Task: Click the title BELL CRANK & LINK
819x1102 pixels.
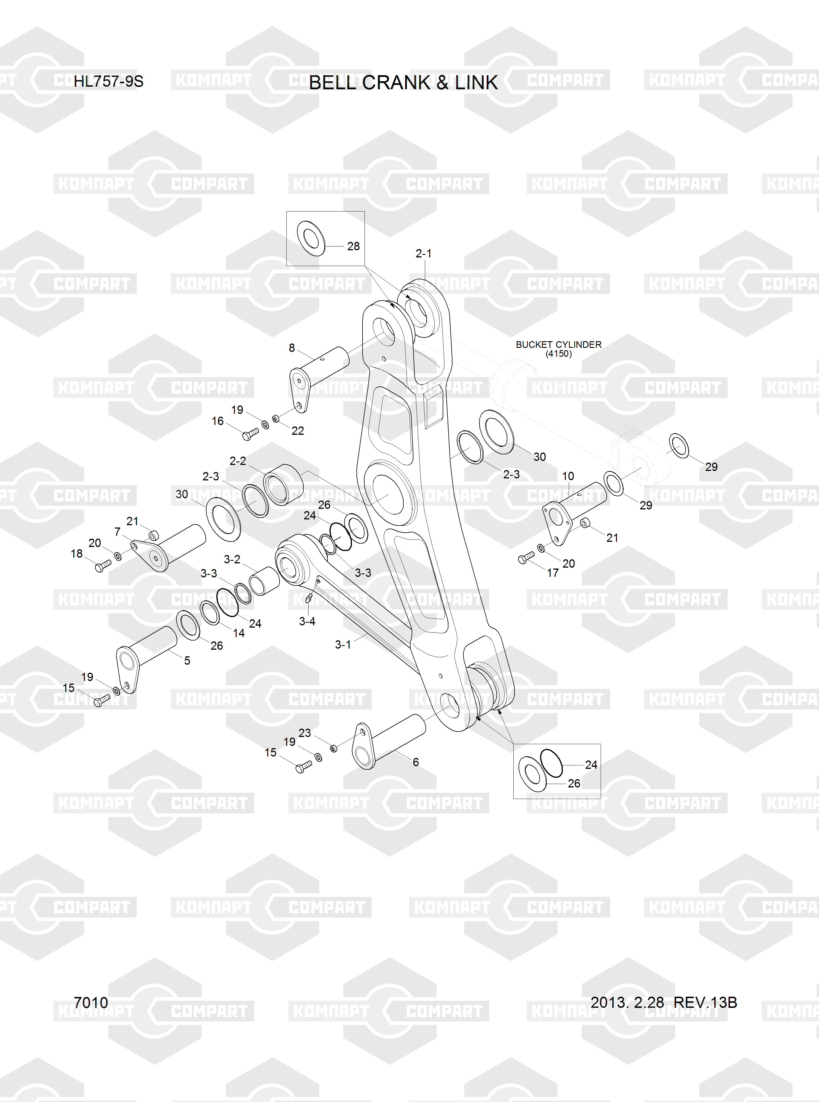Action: click(403, 82)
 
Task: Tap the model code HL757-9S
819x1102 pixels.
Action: click(109, 81)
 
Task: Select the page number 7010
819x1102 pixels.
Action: click(91, 1002)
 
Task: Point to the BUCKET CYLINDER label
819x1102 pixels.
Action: click(559, 344)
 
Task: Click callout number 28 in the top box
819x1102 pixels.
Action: click(353, 246)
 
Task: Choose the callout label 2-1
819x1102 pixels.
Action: click(423, 254)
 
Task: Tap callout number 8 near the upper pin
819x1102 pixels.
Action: click(292, 348)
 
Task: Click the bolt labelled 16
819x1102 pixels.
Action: click(251, 434)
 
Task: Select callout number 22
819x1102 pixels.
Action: click(297, 431)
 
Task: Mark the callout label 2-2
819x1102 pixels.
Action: click(238, 461)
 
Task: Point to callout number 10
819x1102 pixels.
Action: click(568, 476)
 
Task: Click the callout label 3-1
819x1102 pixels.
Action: click(343, 644)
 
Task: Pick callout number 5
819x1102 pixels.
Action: click(187, 660)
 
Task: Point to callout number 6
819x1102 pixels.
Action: click(415, 762)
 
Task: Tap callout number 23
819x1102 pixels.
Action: click(305, 733)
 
